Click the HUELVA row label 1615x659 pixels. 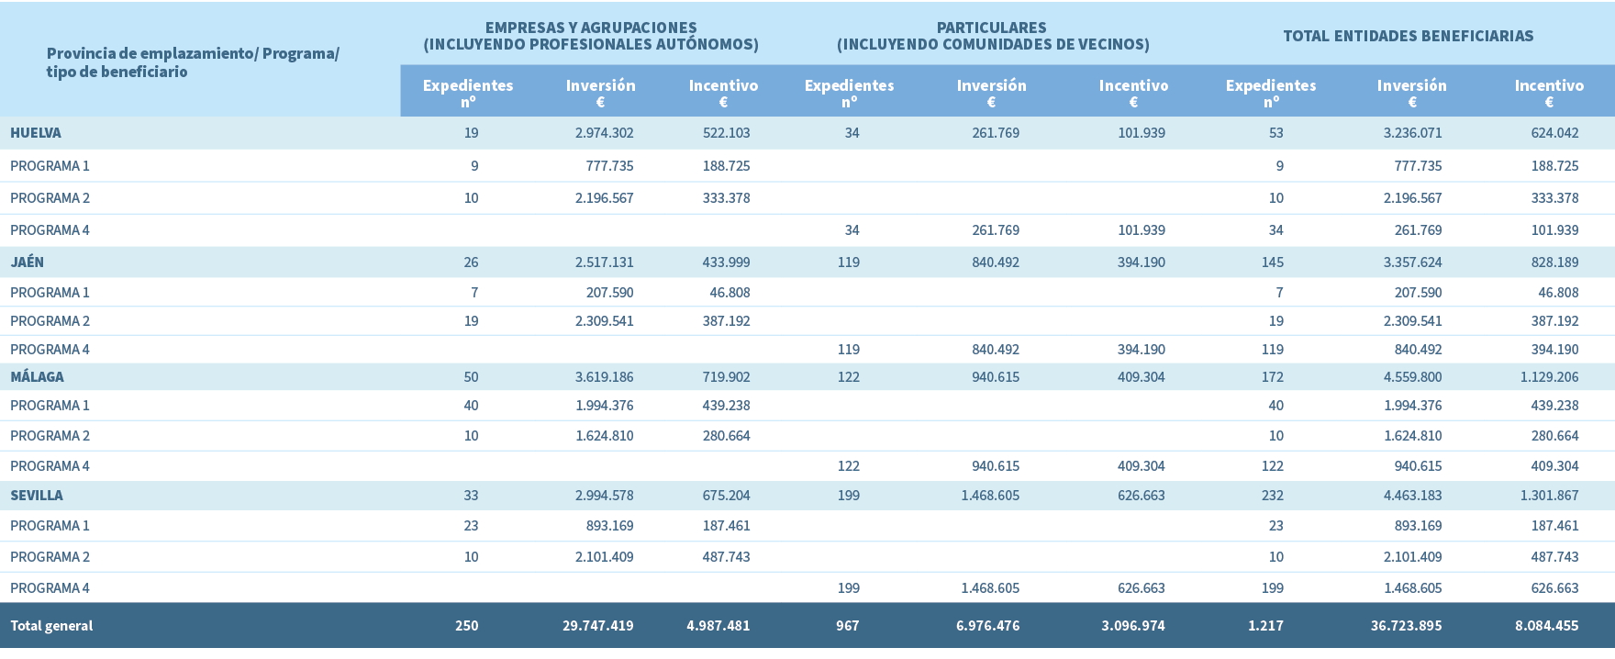coord(36,133)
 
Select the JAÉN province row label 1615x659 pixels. coord(28,262)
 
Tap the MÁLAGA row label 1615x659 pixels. coord(38,377)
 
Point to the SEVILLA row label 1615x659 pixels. coord(37,496)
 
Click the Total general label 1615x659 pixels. coord(51,626)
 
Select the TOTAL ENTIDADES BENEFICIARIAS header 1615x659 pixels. coord(1408,37)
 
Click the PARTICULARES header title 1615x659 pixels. coord(992,28)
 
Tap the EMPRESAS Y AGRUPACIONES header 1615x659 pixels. coord(591,28)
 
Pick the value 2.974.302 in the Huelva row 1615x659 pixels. coord(604,133)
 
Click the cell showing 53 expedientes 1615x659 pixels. coord(1275,133)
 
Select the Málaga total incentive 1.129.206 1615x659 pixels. coord(1549,377)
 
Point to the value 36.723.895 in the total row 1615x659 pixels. coord(1406,626)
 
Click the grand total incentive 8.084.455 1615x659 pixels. coord(1546,626)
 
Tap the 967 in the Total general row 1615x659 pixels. coord(847,626)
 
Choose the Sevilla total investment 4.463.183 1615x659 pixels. coord(1412,496)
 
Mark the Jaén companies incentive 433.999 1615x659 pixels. coord(726,262)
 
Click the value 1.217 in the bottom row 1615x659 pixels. coord(1265,626)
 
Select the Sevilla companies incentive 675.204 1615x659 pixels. coord(726,496)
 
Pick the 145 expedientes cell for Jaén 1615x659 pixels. coord(1272,262)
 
